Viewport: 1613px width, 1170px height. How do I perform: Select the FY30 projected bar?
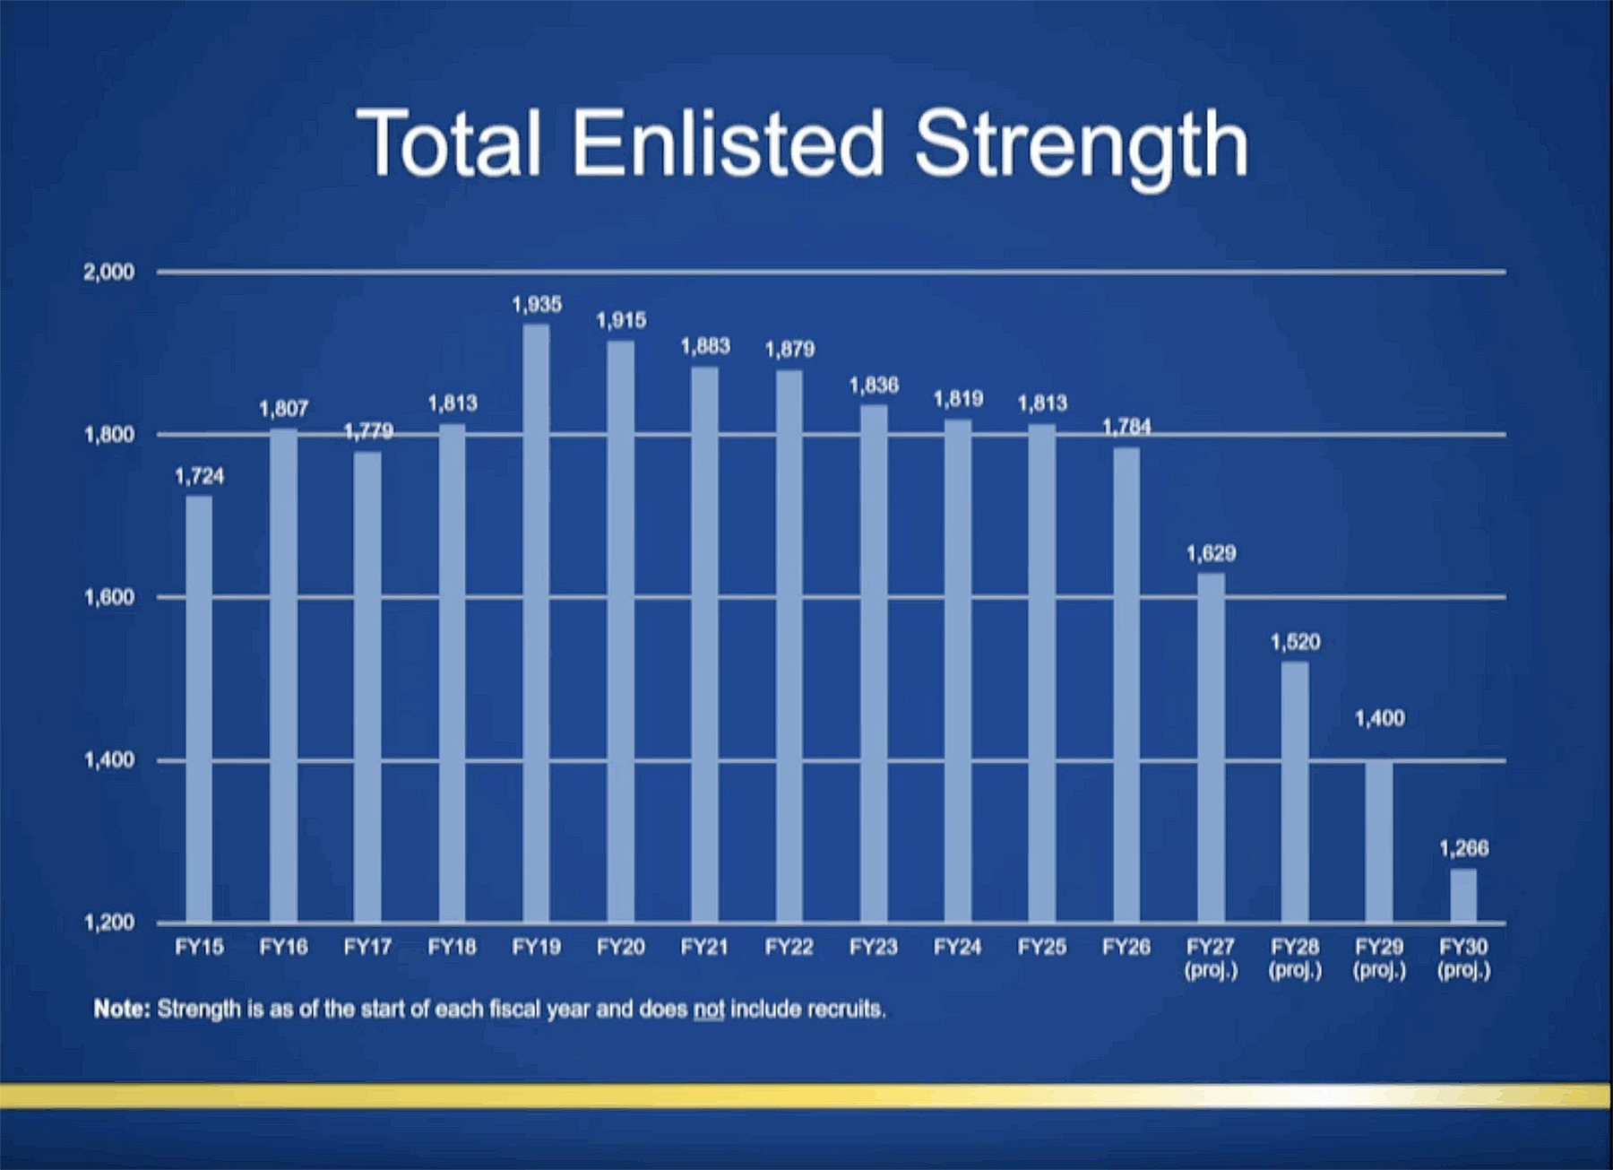point(1463,896)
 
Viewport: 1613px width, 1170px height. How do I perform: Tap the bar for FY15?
point(199,708)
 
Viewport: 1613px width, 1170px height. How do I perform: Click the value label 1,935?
point(537,305)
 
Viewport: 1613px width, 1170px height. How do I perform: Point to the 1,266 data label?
point(1463,848)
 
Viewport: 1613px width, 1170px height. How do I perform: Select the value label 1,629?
point(1211,553)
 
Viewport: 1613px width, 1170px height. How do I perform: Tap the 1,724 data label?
point(199,476)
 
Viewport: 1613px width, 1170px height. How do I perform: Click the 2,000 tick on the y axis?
point(108,272)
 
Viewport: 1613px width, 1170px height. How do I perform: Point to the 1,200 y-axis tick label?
point(108,923)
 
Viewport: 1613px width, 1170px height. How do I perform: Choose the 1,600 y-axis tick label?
point(108,597)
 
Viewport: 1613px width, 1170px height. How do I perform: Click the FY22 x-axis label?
point(789,947)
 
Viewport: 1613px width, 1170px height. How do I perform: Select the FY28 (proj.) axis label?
point(1295,958)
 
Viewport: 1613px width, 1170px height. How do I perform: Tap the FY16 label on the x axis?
point(283,947)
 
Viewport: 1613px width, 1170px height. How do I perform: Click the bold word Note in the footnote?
point(121,1010)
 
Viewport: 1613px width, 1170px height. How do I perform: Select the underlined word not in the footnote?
point(708,1010)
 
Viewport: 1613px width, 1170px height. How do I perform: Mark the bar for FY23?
point(874,663)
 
